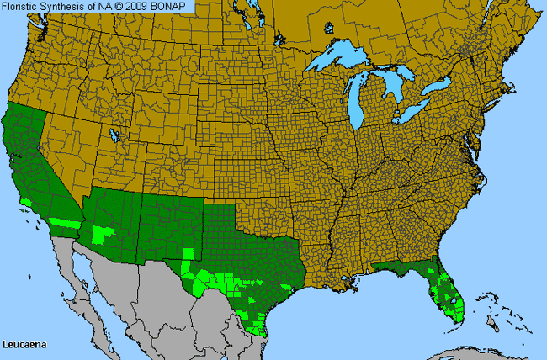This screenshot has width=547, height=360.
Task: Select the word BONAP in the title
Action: point(175,7)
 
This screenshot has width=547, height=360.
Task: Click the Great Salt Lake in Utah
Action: point(114,135)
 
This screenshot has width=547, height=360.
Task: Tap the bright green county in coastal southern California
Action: point(27,202)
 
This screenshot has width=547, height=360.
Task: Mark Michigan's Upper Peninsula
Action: point(353,74)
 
